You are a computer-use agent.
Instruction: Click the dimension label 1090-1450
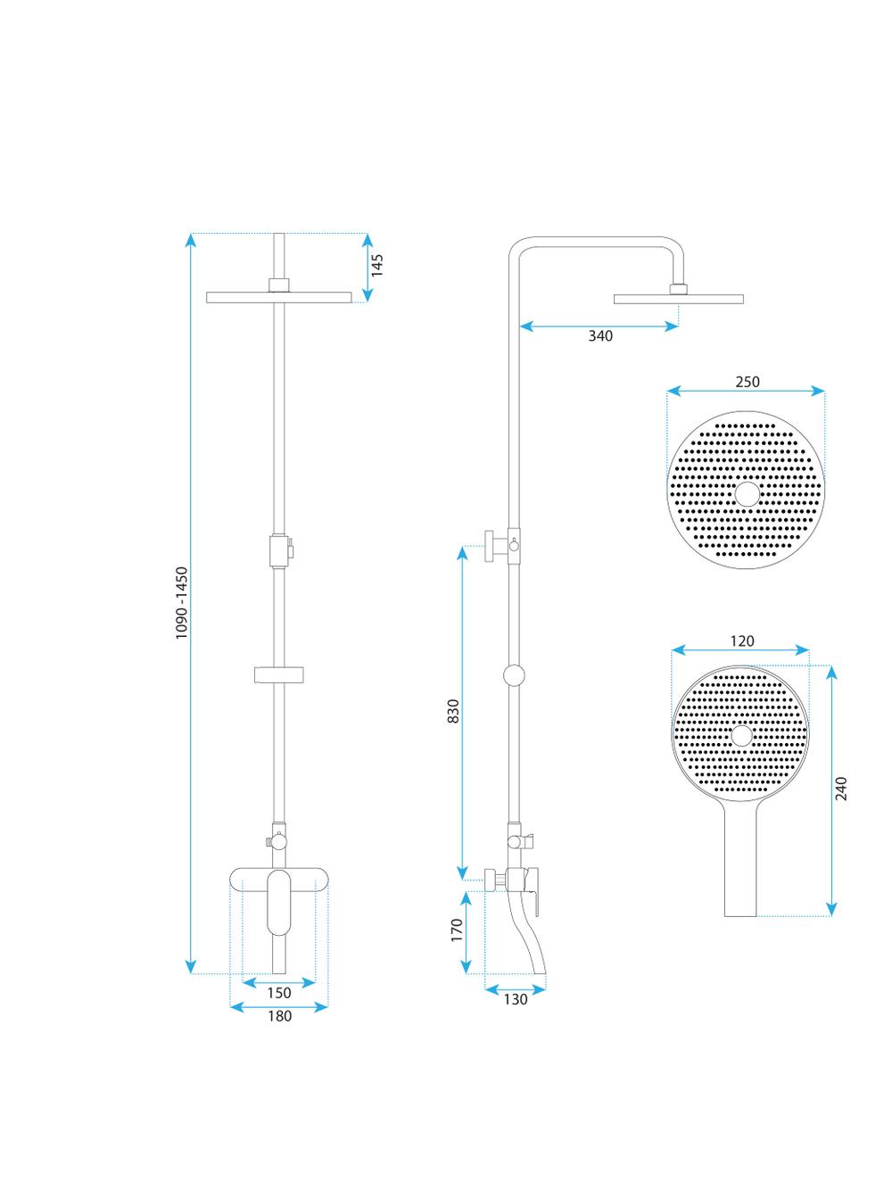[x=182, y=602]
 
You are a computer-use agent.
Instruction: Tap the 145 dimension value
[x=376, y=265]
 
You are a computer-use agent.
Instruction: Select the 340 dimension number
[x=600, y=336]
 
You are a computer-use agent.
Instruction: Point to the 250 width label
[x=747, y=382]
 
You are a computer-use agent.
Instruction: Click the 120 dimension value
[x=742, y=640]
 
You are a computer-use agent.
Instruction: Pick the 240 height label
[x=840, y=789]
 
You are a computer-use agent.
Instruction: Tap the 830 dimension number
[x=453, y=711]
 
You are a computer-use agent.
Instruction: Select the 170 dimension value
[x=457, y=930]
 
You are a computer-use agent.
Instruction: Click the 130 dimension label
[x=516, y=999]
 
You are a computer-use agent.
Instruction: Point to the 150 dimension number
[x=279, y=993]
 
